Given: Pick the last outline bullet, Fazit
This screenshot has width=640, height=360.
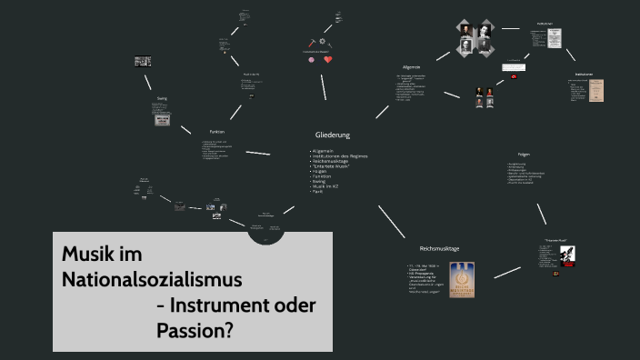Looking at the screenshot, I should pos(318,193).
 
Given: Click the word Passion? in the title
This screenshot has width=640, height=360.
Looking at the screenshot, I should pos(195,329).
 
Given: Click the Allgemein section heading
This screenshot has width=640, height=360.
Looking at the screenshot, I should pos(412,67).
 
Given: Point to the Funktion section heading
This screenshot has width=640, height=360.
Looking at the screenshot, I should pos(216,133).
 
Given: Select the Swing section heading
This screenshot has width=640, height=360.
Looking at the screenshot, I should pos(162,98).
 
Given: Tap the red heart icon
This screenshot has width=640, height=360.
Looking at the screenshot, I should pos(328,60).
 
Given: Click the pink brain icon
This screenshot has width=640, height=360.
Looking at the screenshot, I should pos(311,60).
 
